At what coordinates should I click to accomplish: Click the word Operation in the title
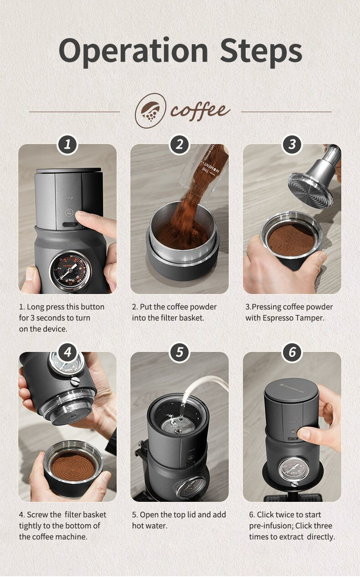[x=134, y=51]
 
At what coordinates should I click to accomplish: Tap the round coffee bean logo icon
[x=150, y=110]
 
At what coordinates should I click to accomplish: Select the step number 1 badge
[x=67, y=144]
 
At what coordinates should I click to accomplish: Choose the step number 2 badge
[x=180, y=144]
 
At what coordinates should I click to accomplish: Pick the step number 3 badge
[x=292, y=144]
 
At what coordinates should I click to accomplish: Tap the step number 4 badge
[x=67, y=352]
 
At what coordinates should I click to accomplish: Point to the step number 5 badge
[x=180, y=352]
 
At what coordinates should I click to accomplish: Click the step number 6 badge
[x=292, y=352]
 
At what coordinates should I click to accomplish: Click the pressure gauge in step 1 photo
[x=70, y=270]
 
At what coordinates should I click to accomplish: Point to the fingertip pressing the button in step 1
[x=82, y=215]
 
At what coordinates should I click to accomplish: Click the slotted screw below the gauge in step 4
[x=75, y=381]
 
